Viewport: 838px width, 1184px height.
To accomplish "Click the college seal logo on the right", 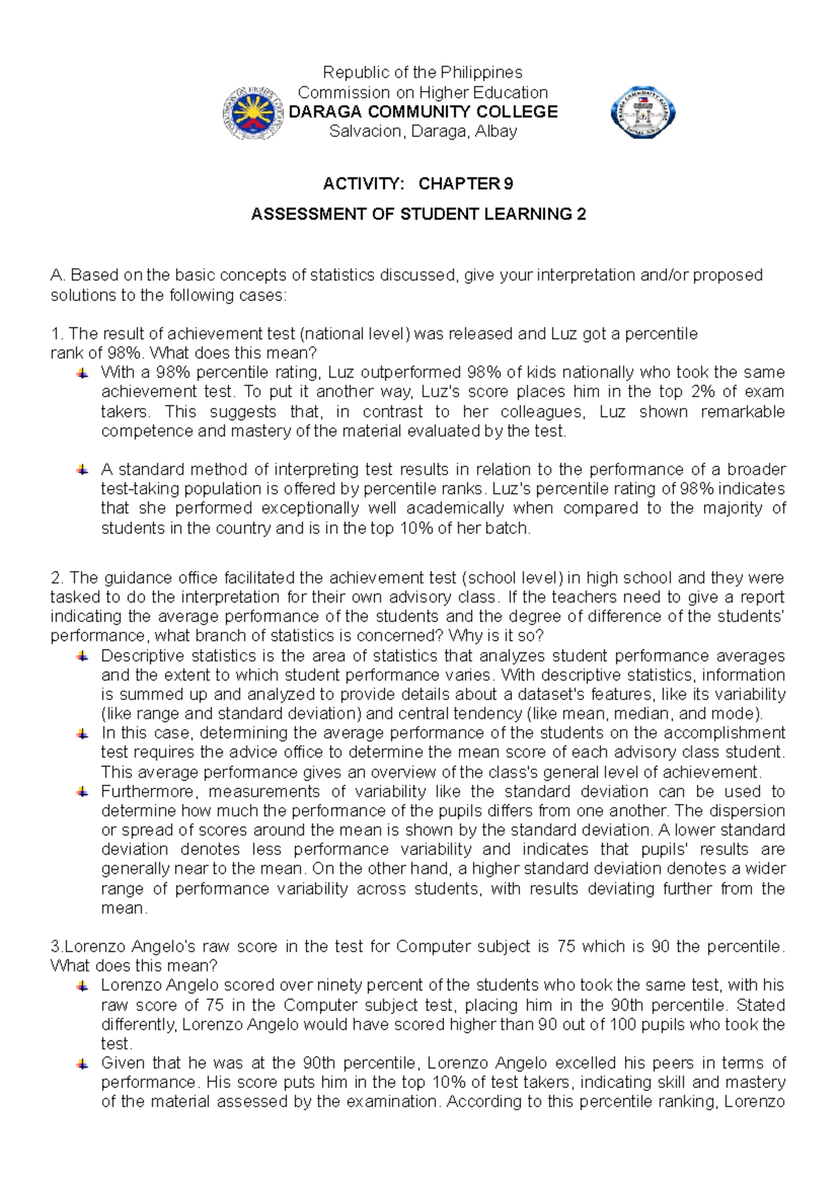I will (x=642, y=112).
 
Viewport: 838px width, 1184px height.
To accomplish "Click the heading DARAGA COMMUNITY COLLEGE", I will (x=422, y=112).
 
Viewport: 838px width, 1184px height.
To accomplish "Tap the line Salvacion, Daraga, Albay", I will (x=422, y=131).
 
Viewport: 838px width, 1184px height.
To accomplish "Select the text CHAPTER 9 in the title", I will (x=465, y=184).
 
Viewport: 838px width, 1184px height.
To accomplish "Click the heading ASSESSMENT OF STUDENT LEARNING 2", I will (x=418, y=214).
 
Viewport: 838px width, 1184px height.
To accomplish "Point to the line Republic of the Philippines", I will (x=422, y=73).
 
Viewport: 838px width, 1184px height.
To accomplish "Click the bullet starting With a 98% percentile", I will (x=82, y=373).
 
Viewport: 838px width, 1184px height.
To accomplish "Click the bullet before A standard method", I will (x=82, y=470).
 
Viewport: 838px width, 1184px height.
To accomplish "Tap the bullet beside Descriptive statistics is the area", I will (x=82, y=656).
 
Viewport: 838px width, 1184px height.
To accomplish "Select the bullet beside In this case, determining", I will (x=82, y=734).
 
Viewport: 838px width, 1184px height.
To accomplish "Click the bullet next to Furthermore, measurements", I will (x=82, y=792).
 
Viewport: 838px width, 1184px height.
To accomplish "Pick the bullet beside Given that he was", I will (x=82, y=1064).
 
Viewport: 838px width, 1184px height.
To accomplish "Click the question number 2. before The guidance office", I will (x=57, y=578).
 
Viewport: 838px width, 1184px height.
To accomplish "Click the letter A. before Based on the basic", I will (x=57, y=275).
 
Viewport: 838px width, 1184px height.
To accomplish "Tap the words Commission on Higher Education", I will (x=422, y=92).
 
